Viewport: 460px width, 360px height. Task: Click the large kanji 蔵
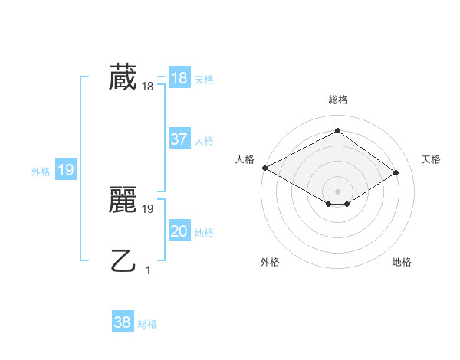coord(123,78)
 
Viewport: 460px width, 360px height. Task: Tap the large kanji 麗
coord(123,200)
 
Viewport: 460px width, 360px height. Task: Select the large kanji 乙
coord(123,261)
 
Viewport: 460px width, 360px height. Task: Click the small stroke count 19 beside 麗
coord(148,208)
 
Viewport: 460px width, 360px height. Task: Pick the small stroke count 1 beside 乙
coord(148,270)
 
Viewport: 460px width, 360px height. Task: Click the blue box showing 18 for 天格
coord(179,78)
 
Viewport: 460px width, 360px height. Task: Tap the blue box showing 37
coord(179,139)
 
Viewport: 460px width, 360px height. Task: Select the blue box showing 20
coord(179,231)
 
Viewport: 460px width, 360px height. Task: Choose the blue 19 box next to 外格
coord(66,170)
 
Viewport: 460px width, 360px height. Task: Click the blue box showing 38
coord(123,322)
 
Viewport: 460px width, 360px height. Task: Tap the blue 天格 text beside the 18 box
coord(204,80)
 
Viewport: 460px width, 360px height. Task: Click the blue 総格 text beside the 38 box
coord(147,325)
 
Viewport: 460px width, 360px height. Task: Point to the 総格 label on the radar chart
coord(337,100)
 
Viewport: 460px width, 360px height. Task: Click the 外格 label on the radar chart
coord(270,262)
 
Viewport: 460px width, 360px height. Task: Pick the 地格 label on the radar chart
coord(402,262)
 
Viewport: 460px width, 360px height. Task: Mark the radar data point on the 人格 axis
coord(264,167)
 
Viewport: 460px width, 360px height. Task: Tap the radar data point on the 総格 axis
coord(337,131)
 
